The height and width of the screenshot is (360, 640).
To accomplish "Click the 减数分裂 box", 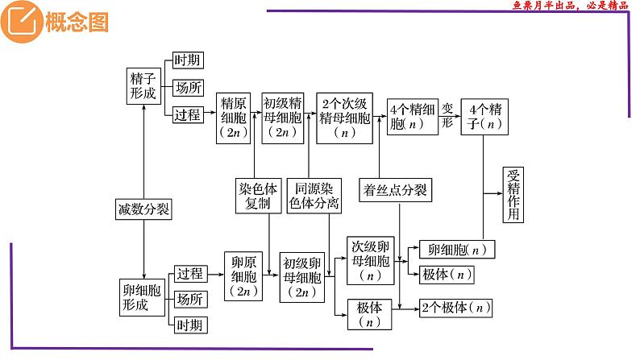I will (x=143, y=210).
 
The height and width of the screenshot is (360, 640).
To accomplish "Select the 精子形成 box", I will (x=144, y=86).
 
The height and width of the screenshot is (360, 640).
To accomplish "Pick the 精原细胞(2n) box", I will (x=235, y=118).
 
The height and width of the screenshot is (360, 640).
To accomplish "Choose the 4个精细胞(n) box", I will (x=411, y=117).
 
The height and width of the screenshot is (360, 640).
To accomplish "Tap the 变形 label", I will (x=448, y=116).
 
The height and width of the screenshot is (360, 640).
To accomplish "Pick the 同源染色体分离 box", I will (x=314, y=196).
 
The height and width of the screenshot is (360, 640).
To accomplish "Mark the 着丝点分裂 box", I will (x=401, y=192).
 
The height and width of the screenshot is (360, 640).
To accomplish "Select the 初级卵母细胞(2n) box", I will (x=302, y=278).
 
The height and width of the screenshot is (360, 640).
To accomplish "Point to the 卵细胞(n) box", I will (x=457, y=250).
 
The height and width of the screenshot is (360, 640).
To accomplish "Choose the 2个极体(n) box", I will (x=455, y=308).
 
